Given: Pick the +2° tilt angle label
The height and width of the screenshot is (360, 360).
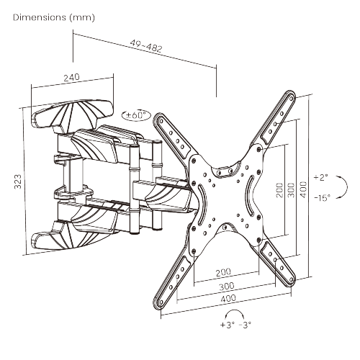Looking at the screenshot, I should click(x=322, y=176).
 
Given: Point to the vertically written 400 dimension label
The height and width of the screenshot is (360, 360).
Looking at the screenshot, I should click(x=303, y=189).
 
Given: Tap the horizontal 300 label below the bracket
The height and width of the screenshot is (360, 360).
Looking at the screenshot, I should click(x=226, y=285).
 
